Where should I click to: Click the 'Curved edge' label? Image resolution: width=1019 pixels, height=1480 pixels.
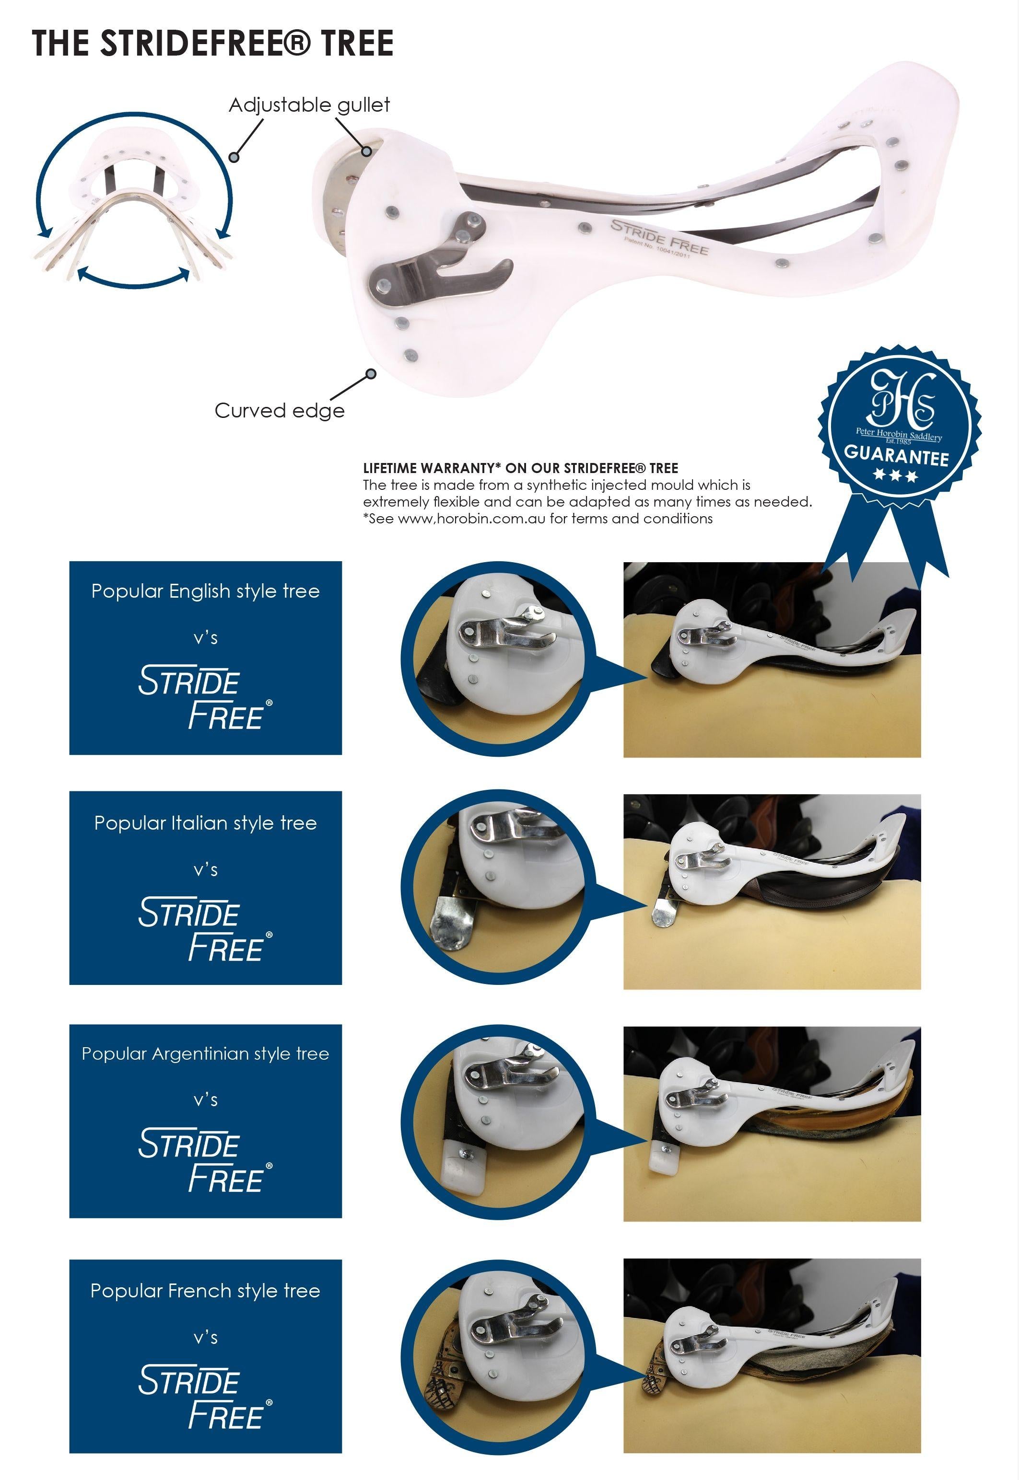(279, 410)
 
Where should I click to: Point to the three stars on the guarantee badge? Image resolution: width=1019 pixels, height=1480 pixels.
(895, 476)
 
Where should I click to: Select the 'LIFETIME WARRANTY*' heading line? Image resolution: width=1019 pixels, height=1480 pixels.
(520, 468)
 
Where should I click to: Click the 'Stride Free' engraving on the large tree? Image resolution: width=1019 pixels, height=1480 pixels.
(659, 237)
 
